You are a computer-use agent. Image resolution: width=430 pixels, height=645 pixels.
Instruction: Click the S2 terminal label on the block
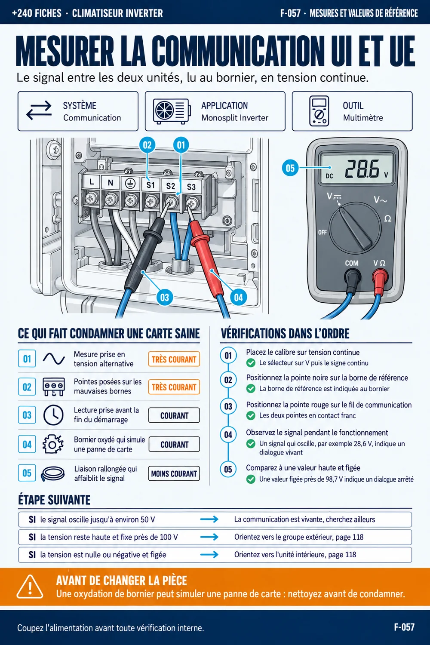point(171,186)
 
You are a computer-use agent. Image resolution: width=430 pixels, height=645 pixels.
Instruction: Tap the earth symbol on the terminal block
point(130,184)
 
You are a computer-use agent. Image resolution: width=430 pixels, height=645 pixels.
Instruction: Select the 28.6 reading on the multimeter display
point(362,169)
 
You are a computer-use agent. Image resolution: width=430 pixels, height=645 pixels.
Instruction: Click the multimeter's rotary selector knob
point(355,228)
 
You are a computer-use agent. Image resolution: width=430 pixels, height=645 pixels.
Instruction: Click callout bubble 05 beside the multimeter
point(290,168)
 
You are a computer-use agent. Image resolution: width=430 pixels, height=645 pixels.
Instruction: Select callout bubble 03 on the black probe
point(164,298)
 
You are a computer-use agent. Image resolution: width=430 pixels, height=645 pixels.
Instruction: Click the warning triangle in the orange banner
point(30,587)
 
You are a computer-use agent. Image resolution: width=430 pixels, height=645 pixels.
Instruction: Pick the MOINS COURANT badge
point(174,474)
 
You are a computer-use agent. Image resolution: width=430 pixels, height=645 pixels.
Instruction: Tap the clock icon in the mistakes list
point(53,415)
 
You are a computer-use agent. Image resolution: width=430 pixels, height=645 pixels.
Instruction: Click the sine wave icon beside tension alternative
point(54,359)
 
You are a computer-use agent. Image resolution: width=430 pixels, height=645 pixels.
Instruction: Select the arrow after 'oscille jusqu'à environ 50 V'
point(209,519)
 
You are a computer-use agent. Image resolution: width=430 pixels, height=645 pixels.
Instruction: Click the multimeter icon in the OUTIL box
point(319,111)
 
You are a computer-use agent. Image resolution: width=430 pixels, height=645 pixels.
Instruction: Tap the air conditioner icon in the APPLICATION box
point(172,111)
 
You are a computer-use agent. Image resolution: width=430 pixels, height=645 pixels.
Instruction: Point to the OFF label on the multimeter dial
point(322,232)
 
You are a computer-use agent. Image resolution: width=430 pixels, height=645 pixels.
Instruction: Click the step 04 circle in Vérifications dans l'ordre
point(228,435)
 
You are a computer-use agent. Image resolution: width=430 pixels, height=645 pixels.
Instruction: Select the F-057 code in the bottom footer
point(404,627)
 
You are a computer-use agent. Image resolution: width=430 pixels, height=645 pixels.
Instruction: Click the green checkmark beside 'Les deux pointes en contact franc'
point(251,415)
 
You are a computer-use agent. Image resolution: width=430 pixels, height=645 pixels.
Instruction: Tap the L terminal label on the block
point(92,182)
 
